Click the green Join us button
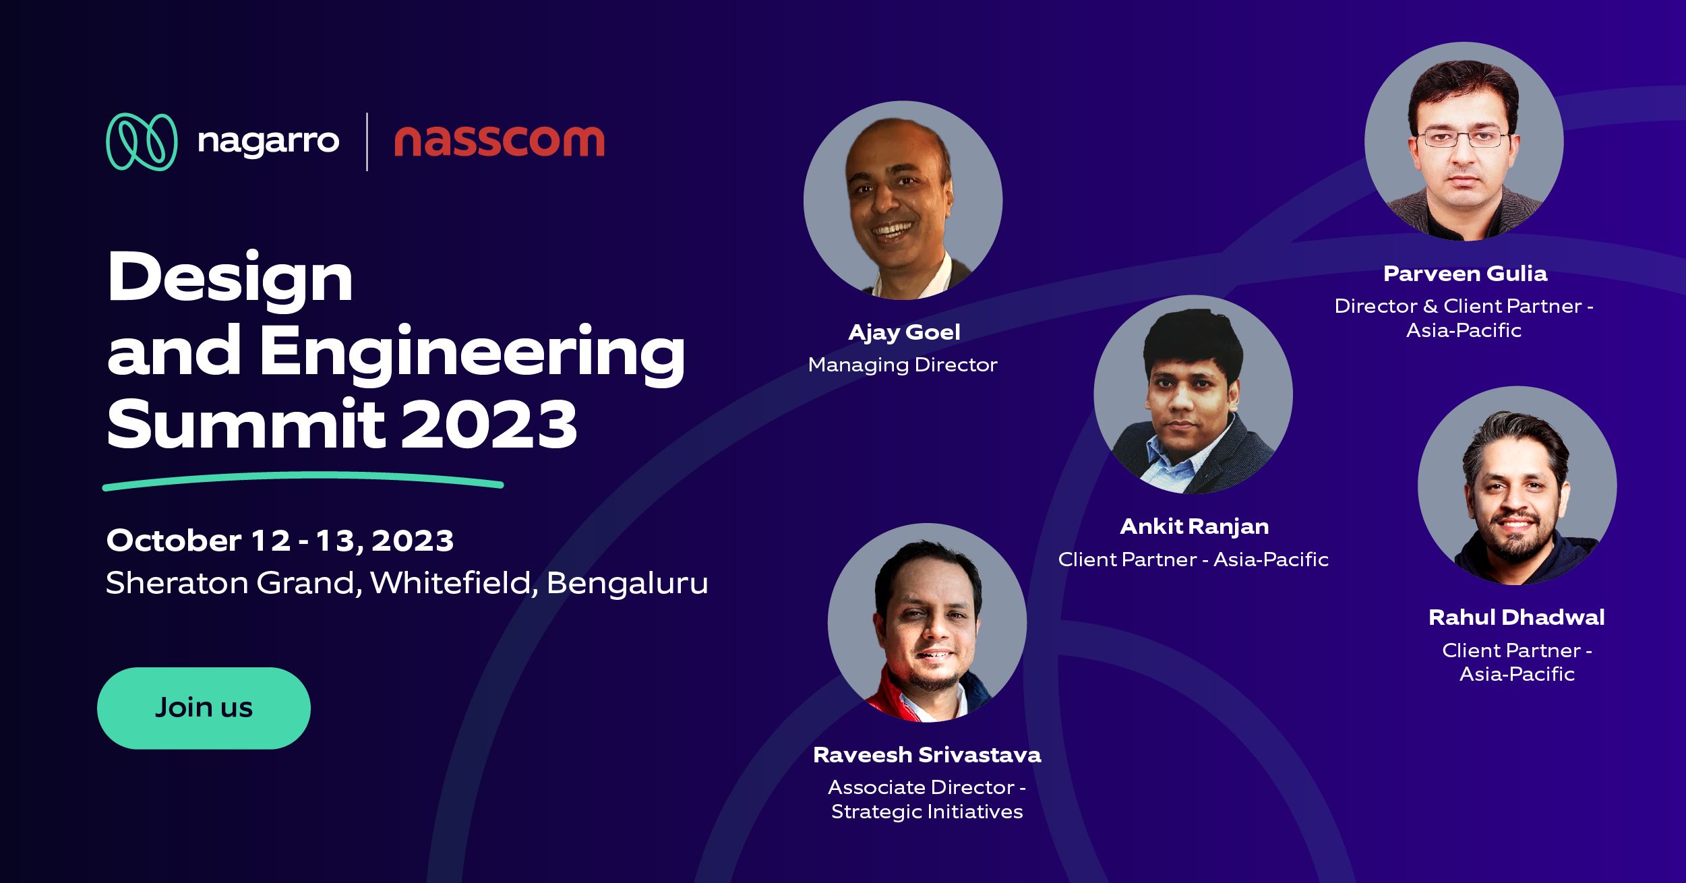pyautogui.click(x=204, y=708)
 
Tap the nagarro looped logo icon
pyautogui.click(x=142, y=142)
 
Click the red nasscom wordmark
pyautogui.click(x=499, y=142)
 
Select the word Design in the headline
pyautogui.click(x=230, y=278)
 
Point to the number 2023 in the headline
pyautogui.click(x=489, y=425)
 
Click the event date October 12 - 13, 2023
pyautogui.click(x=280, y=541)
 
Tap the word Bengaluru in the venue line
pyautogui.click(x=627, y=583)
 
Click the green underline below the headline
pyautogui.click(x=303, y=480)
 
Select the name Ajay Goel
pyautogui.click(x=904, y=332)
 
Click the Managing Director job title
pyautogui.click(x=903, y=365)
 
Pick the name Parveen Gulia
pyautogui.click(x=1465, y=274)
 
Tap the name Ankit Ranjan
pyautogui.click(x=1194, y=526)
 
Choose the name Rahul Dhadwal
pyautogui.click(x=1516, y=617)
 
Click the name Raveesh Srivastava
pyautogui.click(x=927, y=755)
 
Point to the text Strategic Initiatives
pyautogui.click(x=927, y=812)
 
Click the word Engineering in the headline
pyautogui.click(x=472, y=352)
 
